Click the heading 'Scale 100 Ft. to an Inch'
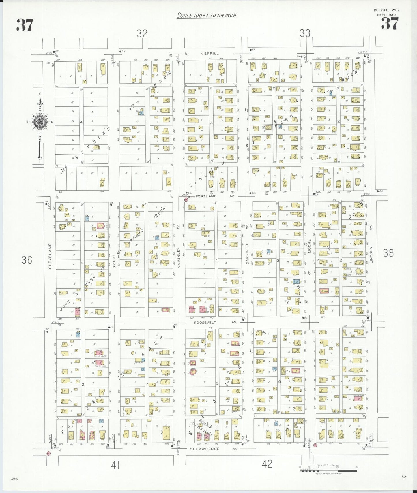(x=206, y=15)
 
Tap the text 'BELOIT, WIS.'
(x=387, y=10)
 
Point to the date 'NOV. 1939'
(x=387, y=14)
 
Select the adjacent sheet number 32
(x=142, y=34)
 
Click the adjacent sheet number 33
(x=305, y=34)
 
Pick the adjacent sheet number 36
(x=27, y=260)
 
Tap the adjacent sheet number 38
(x=388, y=253)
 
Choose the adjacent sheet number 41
(x=115, y=465)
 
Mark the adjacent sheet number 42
(x=267, y=464)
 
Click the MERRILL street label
(x=210, y=54)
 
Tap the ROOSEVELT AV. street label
(x=215, y=322)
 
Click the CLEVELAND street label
(x=50, y=256)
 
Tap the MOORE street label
(x=309, y=246)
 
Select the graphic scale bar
(x=328, y=470)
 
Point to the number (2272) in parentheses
(x=15, y=479)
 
